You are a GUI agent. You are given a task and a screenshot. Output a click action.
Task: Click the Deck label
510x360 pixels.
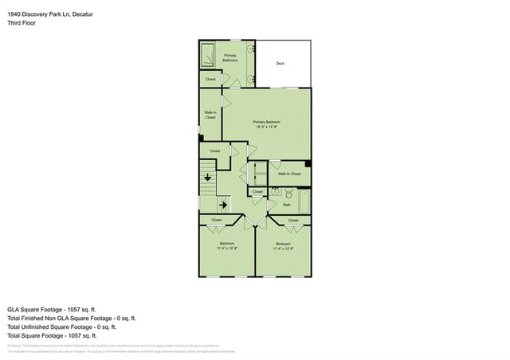click(x=280, y=63)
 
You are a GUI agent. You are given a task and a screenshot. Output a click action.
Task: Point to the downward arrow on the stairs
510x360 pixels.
click(x=208, y=177)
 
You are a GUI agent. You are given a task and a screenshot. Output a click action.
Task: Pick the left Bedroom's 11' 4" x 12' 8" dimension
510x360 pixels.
click(x=226, y=248)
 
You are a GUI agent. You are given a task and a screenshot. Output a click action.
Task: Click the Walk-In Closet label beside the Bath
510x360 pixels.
click(x=290, y=173)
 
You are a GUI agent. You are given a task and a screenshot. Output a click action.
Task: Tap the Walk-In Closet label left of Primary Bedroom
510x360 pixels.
click(x=210, y=115)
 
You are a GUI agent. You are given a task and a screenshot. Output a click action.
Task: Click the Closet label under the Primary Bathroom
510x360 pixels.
click(x=210, y=79)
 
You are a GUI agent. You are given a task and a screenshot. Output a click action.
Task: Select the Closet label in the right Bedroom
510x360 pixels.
click(x=292, y=220)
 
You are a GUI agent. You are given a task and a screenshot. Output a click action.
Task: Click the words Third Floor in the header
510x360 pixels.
click(x=22, y=23)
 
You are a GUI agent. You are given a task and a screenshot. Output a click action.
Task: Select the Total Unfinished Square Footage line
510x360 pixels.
click(x=61, y=327)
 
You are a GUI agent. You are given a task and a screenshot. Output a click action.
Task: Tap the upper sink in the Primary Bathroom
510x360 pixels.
click(x=252, y=49)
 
